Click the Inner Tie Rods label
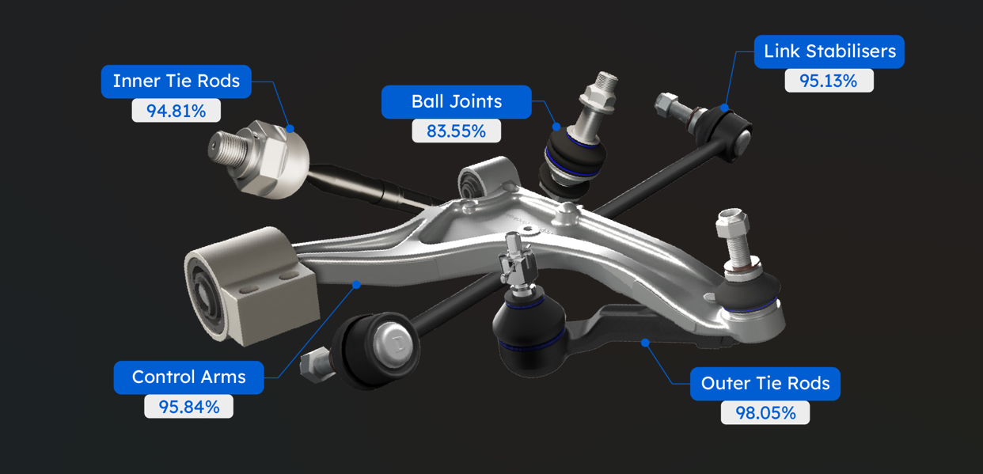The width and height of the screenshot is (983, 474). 176,82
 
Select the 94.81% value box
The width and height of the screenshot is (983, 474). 176,111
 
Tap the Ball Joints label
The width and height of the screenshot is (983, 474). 457,102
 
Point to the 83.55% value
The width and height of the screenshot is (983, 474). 457,131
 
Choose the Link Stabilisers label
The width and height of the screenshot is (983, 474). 829,51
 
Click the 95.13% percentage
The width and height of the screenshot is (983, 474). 829,81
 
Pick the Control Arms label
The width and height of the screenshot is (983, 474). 188,377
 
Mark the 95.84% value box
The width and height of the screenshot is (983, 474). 188,407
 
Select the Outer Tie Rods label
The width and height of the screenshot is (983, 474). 765,384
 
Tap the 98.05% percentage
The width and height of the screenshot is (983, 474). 765,412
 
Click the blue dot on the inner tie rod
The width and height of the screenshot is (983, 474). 290,129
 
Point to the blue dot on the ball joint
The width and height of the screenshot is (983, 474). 556,127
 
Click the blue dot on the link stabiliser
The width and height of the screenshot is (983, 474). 724,108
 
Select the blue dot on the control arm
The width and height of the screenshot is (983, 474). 356,285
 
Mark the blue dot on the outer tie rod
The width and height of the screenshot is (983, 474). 645,343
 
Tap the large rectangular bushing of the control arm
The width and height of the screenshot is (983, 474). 252,286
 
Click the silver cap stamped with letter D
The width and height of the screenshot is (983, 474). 393,343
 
